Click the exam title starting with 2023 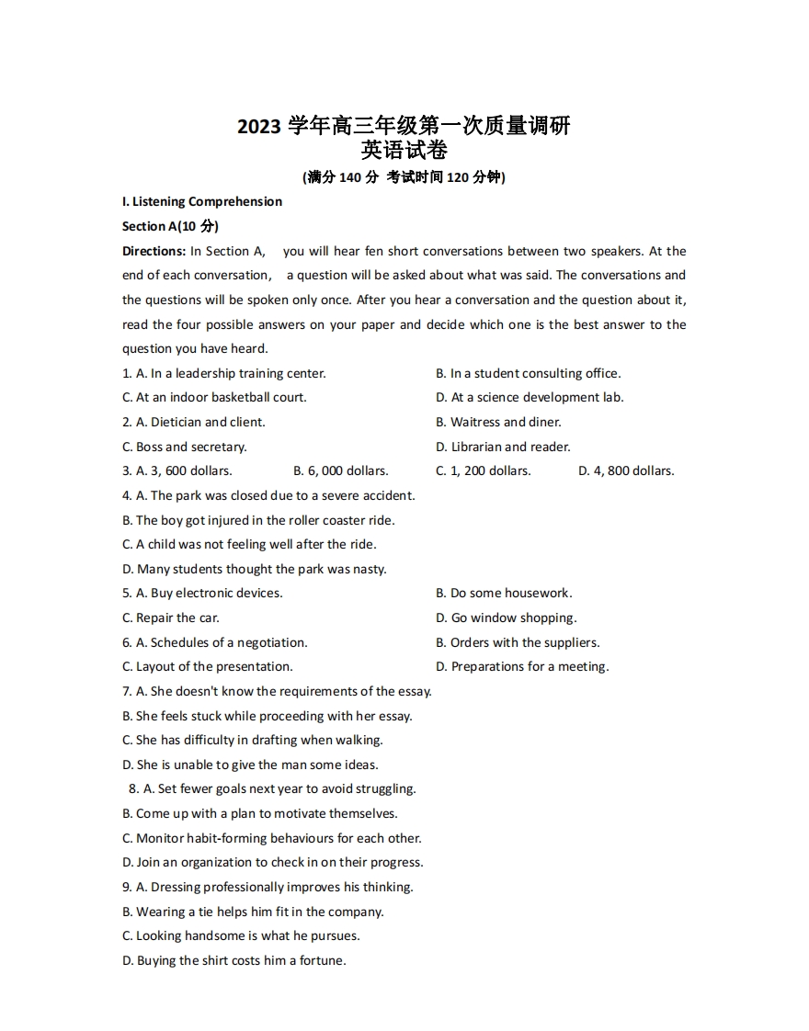[x=404, y=126]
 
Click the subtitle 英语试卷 [x=404, y=150]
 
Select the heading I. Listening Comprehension [x=202, y=201]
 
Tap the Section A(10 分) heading [x=170, y=226]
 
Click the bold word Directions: [x=154, y=251]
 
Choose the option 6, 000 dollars [x=341, y=470]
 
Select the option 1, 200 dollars [x=484, y=470]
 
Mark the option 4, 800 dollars [x=626, y=470]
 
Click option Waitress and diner [x=505, y=422]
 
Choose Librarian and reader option [x=510, y=447]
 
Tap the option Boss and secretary [x=191, y=447]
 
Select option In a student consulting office [x=535, y=373]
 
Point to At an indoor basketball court [x=221, y=397]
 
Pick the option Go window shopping [x=514, y=617]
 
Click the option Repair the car [x=177, y=617]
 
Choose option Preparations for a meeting [x=530, y=666]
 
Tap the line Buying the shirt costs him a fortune [x=241, y=960]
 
